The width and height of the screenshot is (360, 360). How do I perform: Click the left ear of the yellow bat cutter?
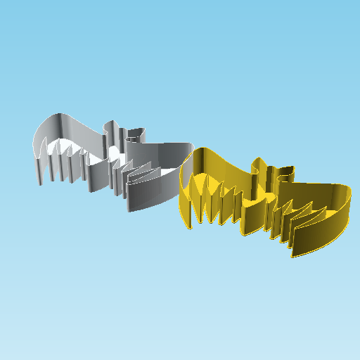257,167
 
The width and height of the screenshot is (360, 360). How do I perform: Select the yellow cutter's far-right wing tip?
349,192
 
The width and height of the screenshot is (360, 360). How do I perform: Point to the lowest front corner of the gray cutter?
128,211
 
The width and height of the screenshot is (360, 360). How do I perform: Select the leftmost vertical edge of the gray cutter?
39,169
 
